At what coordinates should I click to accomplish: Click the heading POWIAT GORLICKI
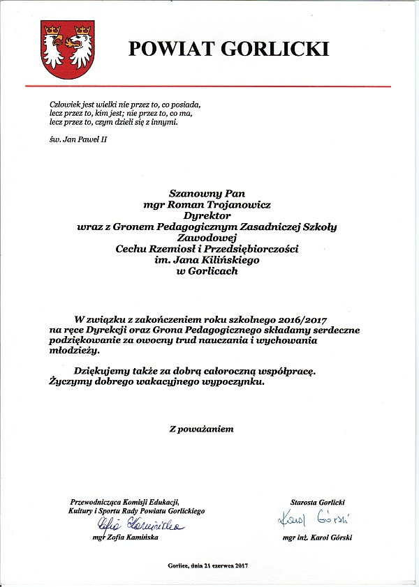click(x=228, y=49)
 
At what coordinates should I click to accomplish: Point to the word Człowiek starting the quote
click(x=57, y=102)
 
